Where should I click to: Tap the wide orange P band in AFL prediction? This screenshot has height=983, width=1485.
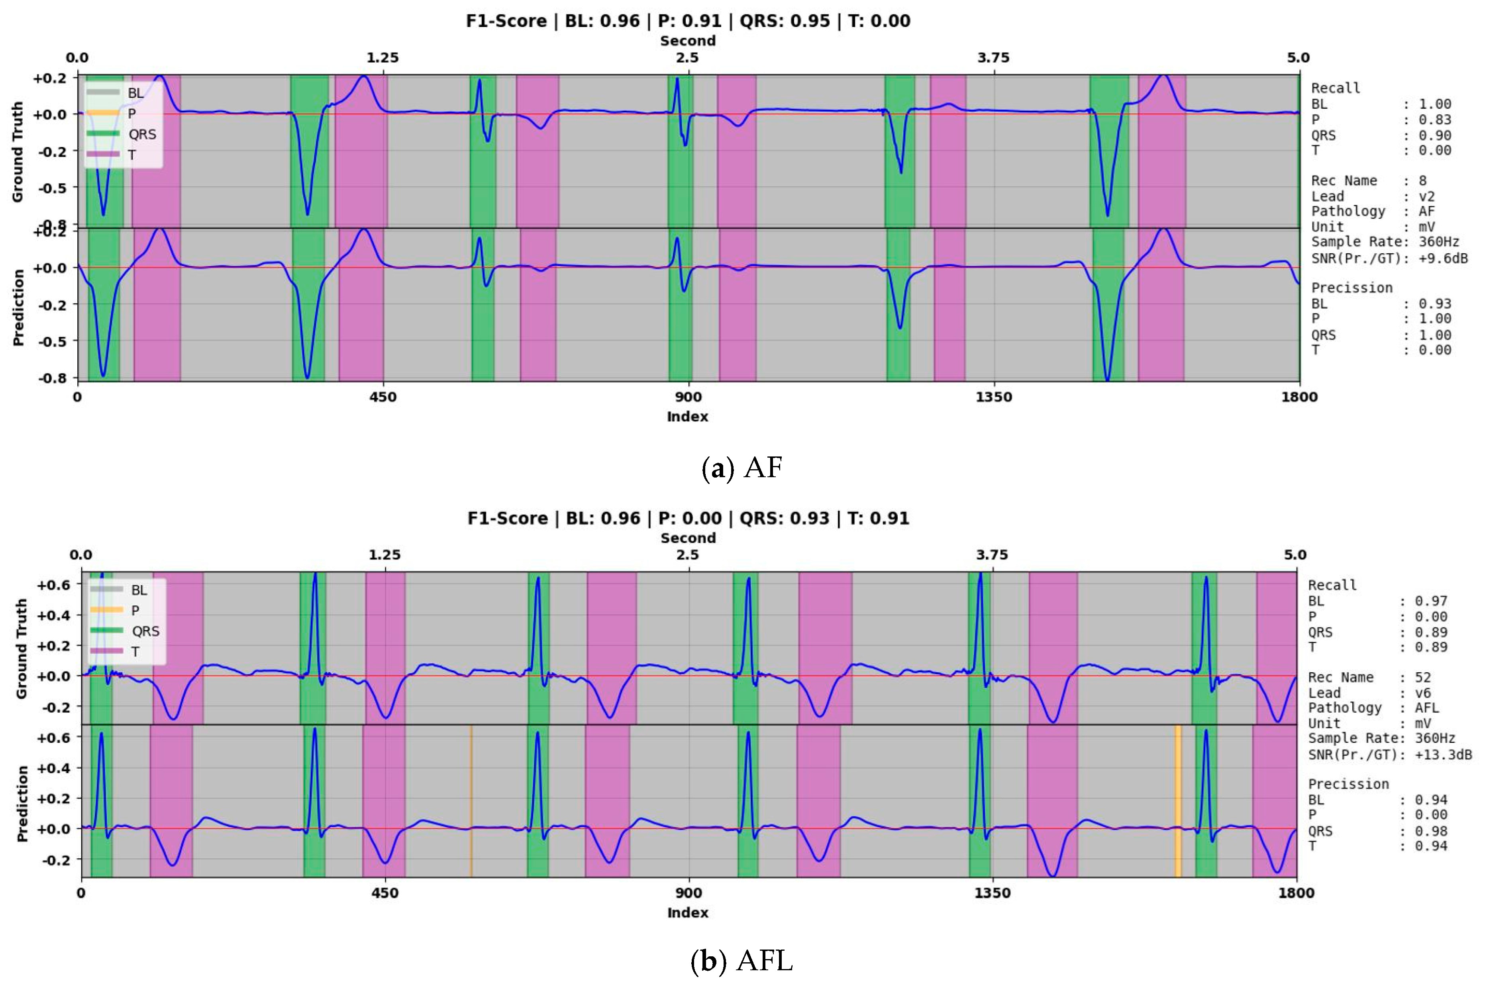[x=1178, y=801]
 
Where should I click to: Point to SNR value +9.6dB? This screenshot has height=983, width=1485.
[x=1443, y=258]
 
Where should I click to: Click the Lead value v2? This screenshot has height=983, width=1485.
[x=1427, y=196]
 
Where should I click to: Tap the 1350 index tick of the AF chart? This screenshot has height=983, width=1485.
[x=994, y=397]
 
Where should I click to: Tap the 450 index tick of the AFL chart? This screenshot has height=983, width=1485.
[x=384, y=893]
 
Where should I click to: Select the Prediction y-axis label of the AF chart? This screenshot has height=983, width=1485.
[x=18, y=307]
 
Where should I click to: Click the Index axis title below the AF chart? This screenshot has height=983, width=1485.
[x=687, y=416]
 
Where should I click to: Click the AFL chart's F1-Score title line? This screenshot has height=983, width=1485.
[x=688, y=519]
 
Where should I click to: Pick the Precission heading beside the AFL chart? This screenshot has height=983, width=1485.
[x=1348, y=783]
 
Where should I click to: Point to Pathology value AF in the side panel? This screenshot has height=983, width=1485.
[x=1427, y=211]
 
